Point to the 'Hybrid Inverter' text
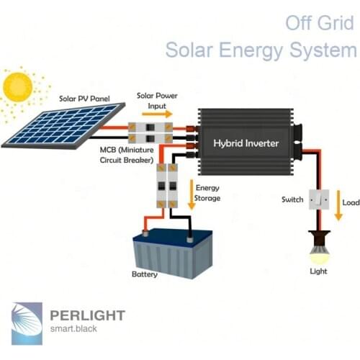point(245,143)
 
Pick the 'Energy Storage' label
point(208,192)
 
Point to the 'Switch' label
point(292,199)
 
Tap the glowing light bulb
point(316,251)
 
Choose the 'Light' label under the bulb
point(317,271)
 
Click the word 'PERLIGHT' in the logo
point(88,315)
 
